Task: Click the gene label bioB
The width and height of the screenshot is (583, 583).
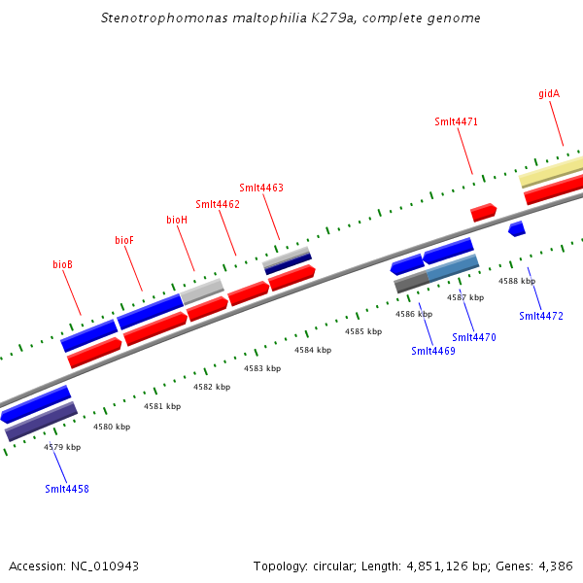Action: (62, 263)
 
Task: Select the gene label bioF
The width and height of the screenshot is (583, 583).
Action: (124, 240)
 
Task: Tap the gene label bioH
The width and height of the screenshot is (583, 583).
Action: (177, 221)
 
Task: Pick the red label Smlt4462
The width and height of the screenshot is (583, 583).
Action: (218, 204)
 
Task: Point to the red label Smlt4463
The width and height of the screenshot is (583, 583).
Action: (261, 188)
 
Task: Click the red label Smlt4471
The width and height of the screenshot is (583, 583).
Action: (456, 121)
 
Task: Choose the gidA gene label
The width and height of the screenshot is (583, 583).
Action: (549, 94)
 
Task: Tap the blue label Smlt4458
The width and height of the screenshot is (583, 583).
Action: (67, 489)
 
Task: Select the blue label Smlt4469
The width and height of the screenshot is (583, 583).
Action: (433, 351)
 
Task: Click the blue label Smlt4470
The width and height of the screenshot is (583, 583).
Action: (474, 337)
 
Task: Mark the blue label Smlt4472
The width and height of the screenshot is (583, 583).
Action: (541, 316)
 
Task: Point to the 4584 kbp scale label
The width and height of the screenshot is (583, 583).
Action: (313, 350)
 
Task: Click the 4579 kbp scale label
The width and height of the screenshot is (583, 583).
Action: (62, 447)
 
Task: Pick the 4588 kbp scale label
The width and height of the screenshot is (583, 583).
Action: (517, 281)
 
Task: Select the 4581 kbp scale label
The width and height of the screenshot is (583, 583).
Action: (162, 406)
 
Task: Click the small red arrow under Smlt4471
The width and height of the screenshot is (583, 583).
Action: (483, 212)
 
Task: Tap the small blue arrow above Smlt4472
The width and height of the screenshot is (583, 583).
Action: (517, 229)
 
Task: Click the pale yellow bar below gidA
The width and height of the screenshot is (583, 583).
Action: (550, 173)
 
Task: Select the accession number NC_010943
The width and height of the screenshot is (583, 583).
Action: (104, 566)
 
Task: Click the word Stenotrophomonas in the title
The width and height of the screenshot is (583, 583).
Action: (159, 18)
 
